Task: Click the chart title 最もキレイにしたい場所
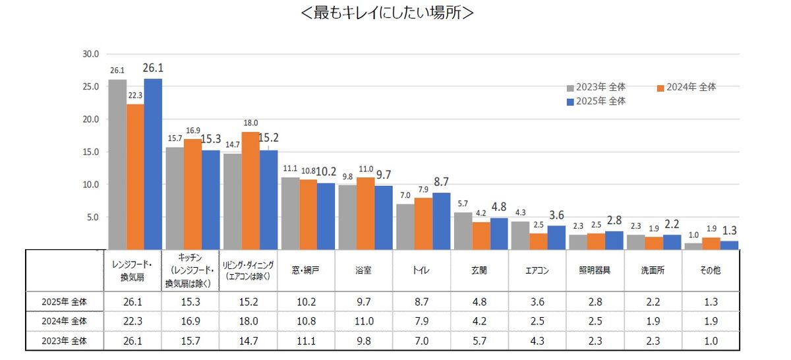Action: pyautogui.click(x=386, y=13)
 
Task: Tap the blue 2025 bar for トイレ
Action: pyautogui.click(x=441, y=221)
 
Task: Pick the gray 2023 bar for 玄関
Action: pyautogui.click(x=463, y=231)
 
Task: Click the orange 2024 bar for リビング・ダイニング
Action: pyautogui.click(x=250, y=191)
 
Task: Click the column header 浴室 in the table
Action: pyautogui.click(x=364, y=270)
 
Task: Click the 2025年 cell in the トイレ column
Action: pyautogui.click(x=422, y=301)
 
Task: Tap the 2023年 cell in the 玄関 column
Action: pyautogui.click(x=480, y=341)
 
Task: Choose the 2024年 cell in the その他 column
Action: pyautogui.click(x=711, y=321)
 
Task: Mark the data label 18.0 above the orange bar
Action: pyautogui.click(x=250, y=123)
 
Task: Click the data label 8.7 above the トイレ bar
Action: pyautogui.click(x=441, y=181)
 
